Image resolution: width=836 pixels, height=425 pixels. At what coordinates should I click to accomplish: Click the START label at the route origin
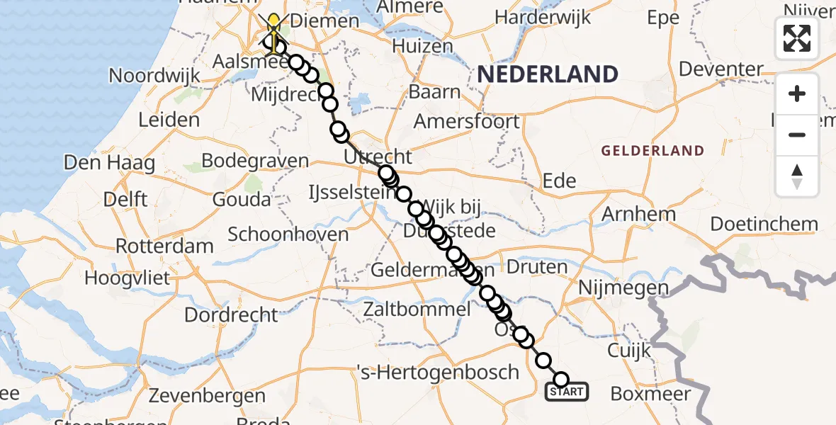tap(566, 392)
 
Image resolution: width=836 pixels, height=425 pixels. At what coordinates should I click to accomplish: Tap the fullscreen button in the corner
tap(797, 38)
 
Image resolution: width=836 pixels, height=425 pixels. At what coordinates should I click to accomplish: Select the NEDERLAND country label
tap(547, 74)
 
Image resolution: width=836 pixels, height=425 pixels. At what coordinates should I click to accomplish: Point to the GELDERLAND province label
tap(653, 150)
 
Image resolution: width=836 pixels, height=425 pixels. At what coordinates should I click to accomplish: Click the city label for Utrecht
tap(378, 157)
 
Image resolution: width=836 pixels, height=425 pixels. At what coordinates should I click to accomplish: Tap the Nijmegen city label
tap(623, 288)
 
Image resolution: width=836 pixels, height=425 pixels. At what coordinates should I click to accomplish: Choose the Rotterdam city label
tap(164, 246)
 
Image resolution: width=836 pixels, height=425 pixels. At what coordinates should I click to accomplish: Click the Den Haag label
tap(109, 162)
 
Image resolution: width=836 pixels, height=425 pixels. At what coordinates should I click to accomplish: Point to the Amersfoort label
tap(466, 120)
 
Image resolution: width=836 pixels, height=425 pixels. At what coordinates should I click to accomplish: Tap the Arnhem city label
tap(638, 213)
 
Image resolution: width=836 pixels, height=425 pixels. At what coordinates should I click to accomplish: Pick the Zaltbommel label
tap(417, 309)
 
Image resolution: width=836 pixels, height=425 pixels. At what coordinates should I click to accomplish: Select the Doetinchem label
tap(764, 224)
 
